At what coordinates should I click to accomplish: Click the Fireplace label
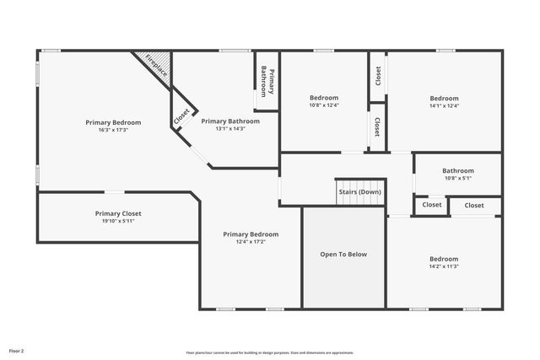pos(157,67)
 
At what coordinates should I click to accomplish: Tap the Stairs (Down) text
pos(359,191)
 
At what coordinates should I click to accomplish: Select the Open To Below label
pos(343,254)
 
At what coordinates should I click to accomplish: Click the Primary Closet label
pos(118,213)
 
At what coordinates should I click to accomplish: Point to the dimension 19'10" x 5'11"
pos(118,222)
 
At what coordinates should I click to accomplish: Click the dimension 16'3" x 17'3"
pos(113,131)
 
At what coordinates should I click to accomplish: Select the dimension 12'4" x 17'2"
pos(251,242)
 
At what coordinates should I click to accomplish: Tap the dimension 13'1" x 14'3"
pos(230,129)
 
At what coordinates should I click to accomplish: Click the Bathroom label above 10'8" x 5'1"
pos(458,170)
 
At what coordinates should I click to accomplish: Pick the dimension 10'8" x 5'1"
pos(458,178)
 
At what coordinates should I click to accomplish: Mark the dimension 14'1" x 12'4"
pos(444,105)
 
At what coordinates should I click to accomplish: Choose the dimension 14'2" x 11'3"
pos(444,266)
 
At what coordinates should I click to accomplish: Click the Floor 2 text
pos(17,349)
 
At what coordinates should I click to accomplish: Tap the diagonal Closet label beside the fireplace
pos(181,117)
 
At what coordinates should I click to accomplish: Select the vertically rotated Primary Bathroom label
pos(267,82)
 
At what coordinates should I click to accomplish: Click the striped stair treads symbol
pos(360,183)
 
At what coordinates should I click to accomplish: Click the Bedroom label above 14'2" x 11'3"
pos(444,259)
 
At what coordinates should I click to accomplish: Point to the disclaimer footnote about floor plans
pos(270,352)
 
